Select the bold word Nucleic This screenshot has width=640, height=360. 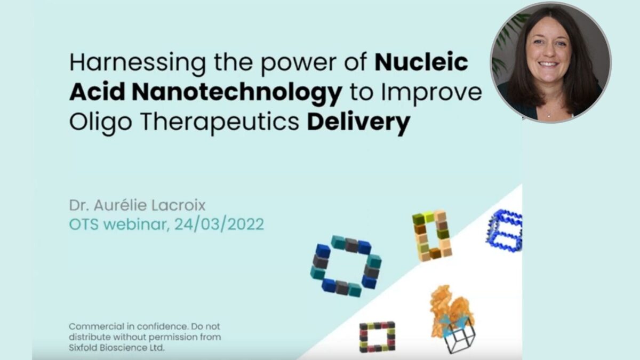pyautogui.click(x=421, y=63)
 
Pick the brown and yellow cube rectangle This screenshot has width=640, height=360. pyautogui.click(x=432, y=235)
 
